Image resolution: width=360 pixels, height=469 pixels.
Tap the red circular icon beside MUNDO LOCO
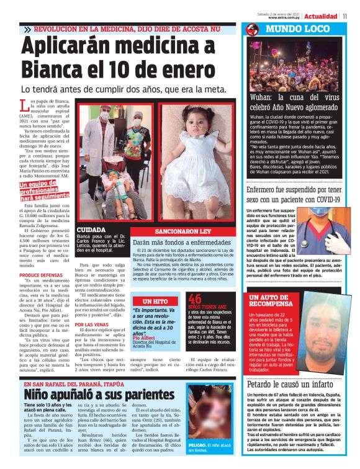point(252,29)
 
